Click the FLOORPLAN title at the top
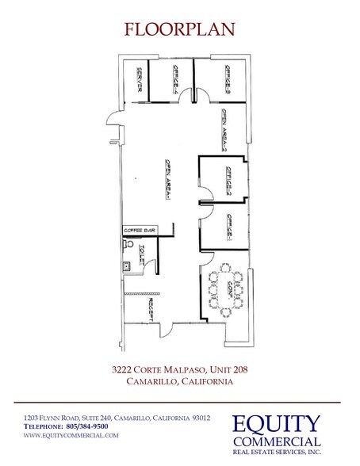click(180, 29)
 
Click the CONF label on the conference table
click(228, 288)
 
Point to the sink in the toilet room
click(126, 266)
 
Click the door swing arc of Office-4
click(183, 97)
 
